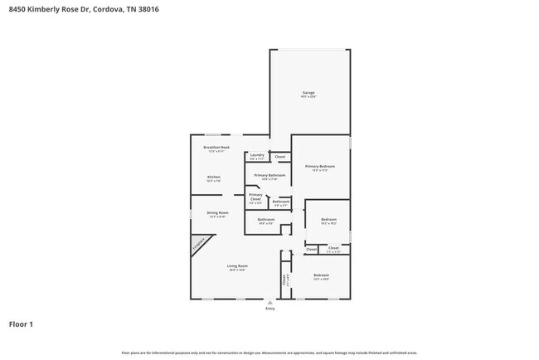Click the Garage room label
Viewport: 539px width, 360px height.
click(x=308, y=93)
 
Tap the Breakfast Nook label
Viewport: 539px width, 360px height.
click(x=216, y=148)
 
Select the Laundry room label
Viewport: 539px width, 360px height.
click(x=256, y=155)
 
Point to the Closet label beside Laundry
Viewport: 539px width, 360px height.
click(x=280, y=156)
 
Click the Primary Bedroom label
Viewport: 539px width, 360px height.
click(x=319, y=167)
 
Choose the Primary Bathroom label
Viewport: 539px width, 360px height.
click(x=269, y=176)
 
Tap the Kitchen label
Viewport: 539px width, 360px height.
click(x=214, y=178)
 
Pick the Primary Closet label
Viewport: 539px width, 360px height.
click(x=255, y=196)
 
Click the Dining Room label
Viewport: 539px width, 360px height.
click(x=217, y=213)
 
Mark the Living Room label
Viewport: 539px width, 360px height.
click(x=238, y=266)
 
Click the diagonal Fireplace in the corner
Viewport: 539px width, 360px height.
click(x=200, y=244)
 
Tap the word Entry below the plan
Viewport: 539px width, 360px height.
click(x=269, y=309)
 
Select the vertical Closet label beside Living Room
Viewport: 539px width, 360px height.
click(x=284, y=280)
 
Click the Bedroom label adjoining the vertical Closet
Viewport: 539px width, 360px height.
click(x=321, y=275)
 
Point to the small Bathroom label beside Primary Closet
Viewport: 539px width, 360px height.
click(x=281, y=201)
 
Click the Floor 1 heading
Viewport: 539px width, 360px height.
click(x=22, y=324)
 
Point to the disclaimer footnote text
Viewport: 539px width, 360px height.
click(x=269, y=353)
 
